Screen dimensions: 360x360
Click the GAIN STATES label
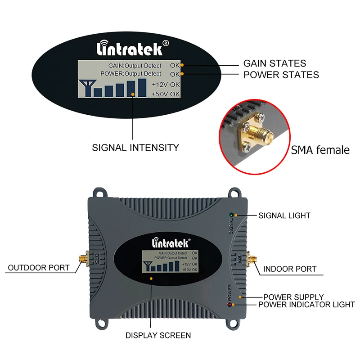274,63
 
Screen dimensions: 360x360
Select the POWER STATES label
281,75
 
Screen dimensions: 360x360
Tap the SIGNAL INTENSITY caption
135,147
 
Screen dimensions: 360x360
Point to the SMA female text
320,150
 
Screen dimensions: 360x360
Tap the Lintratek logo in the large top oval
134,47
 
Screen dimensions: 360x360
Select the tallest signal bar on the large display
142,87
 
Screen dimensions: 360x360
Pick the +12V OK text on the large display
166,84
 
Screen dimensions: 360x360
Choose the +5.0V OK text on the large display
166,94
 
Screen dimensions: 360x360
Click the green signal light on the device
230,215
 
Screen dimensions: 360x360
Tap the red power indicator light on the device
230,306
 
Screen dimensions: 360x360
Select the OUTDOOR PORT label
39,268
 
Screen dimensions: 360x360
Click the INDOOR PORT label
290,269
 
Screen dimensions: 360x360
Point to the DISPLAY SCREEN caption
158,335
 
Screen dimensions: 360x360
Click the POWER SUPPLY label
293,297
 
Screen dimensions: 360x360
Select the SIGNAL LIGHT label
284,216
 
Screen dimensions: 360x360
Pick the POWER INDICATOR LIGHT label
306,305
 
